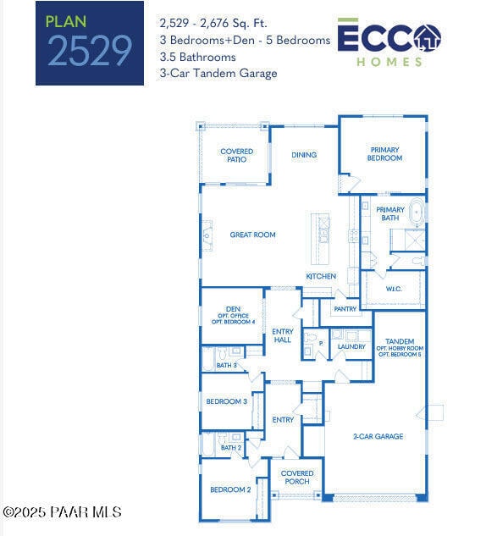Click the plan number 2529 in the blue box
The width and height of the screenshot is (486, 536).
point(90,51)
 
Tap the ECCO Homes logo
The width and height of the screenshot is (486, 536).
point(389,41)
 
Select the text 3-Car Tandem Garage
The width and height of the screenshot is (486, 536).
point(218,74)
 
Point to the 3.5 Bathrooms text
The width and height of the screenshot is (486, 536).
point(198,57)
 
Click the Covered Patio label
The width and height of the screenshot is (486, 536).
point(237,155)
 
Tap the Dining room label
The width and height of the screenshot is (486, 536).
point(304,155)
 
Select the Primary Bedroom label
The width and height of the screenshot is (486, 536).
point(384,154)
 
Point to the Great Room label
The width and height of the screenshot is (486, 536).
point(252,235)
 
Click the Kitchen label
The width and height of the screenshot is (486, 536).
point(321,276)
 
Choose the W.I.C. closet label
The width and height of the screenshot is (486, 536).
point(394,289)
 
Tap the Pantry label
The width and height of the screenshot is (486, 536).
point(345,309)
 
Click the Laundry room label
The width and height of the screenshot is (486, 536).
point(351,346)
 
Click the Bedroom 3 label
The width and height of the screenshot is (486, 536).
point(227,401)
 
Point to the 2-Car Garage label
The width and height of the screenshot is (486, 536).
point(378,437)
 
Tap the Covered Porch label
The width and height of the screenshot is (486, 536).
point(297,478)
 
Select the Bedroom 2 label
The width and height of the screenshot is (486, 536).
point(230,489)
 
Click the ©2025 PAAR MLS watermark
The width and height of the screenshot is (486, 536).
point(63,512)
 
